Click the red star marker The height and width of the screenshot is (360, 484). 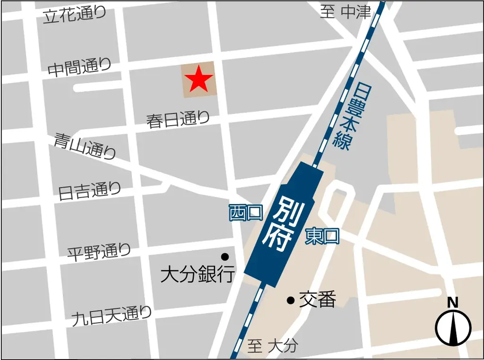[198, 79]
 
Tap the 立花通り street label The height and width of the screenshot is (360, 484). [75, 15]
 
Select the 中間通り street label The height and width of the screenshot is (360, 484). [79, 68]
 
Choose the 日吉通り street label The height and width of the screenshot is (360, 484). [89, 191]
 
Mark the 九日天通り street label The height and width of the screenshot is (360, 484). [112, 315]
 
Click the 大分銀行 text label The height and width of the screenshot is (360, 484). [198, 274]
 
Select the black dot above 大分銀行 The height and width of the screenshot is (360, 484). [225, 257]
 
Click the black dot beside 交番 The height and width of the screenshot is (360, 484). [290, 300]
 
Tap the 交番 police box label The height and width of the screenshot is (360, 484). [317, 300]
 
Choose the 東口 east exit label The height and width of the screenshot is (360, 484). [322, 236]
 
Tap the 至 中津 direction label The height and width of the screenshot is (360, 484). [346, 12]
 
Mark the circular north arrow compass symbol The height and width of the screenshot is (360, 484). [453, 328]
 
